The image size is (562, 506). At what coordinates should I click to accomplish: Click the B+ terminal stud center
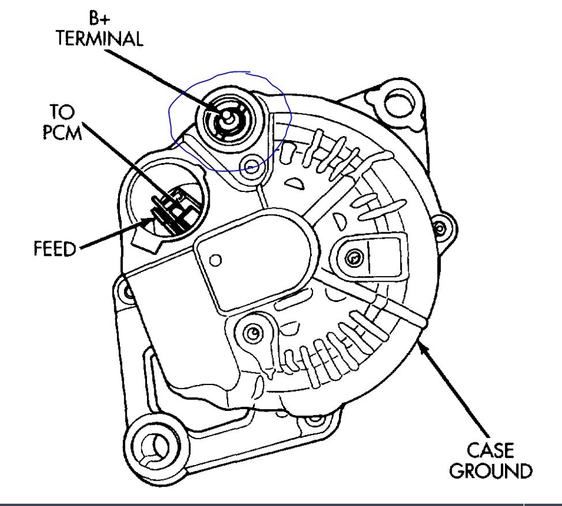pyautogui.click(x=226, y=118)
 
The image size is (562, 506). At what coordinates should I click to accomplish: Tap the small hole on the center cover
pyautogui.click(x=216, y=260)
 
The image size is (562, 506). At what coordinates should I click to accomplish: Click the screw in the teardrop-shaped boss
pyautogui.click(x=252, y=333)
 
